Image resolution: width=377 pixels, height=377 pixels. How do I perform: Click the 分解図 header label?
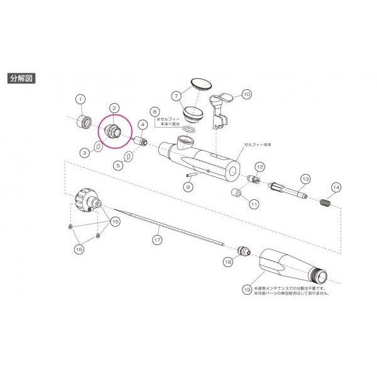coord(23,79)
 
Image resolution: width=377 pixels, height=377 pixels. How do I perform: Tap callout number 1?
coord(80,99)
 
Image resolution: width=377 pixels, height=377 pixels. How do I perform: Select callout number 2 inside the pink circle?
coord(114,109)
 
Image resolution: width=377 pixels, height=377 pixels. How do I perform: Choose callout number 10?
coord(246,94)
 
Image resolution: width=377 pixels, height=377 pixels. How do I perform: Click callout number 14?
coord(336,187)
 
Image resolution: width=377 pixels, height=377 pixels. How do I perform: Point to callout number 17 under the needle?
coord(158,239)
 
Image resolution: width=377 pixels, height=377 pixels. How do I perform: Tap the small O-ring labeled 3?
coord(99,146)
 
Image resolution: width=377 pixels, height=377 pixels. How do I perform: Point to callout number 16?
coord(79,249)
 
